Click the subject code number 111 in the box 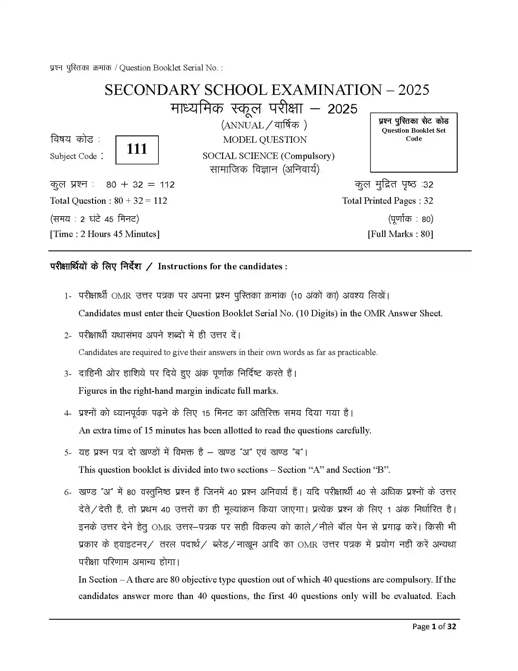click(x=137, y=149)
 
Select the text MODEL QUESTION click(x=264, y=140)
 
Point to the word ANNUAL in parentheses click(x=244, y=125)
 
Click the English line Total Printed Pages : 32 click(x=387, y=201)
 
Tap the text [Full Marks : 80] click(x=400, y=234)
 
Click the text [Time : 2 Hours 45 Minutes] click(x=105, y=234)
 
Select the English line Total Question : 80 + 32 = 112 click(x=109, y=201)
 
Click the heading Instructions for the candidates click(x=222, y=266)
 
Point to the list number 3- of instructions click(x=68, y=374)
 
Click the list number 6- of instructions click(x=68, y=493)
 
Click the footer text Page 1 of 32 click(x=434, y=626)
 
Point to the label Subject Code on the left click(x=74, y=156)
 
